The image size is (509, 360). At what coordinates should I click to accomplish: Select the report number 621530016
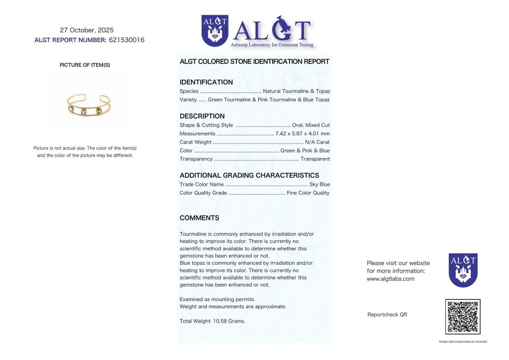click(126, 40)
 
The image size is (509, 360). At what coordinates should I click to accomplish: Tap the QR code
click(462, 317)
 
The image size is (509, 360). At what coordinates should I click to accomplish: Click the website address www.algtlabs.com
click(390, 279)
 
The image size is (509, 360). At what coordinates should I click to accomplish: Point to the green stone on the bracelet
click(99, 111)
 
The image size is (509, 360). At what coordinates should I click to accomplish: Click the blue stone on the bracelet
click(71, 109)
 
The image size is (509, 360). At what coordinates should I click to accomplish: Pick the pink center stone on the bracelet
click(85, 111)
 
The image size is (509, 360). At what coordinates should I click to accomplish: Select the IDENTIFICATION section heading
click(206, 82)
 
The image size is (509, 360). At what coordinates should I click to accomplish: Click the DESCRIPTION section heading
click(202, 116)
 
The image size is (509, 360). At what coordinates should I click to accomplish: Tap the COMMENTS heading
click(199, 218)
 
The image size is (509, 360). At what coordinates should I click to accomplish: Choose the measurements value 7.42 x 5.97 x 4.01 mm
click(303, 134)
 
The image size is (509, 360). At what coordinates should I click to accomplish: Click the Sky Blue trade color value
click(320, 185)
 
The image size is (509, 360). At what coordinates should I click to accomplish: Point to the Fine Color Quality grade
click(308, 193)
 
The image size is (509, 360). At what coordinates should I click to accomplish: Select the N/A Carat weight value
click(317, 142)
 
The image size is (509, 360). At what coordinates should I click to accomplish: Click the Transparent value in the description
click(315, 159)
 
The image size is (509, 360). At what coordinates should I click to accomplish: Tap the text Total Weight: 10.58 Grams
click(212, 321)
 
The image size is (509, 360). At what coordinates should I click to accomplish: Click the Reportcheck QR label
click(387, 315)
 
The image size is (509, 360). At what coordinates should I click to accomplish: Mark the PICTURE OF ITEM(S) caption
click(85, 65)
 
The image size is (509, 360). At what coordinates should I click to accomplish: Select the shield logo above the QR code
click(462, 270)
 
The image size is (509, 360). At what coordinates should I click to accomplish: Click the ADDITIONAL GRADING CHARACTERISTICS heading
click(249, 175)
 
